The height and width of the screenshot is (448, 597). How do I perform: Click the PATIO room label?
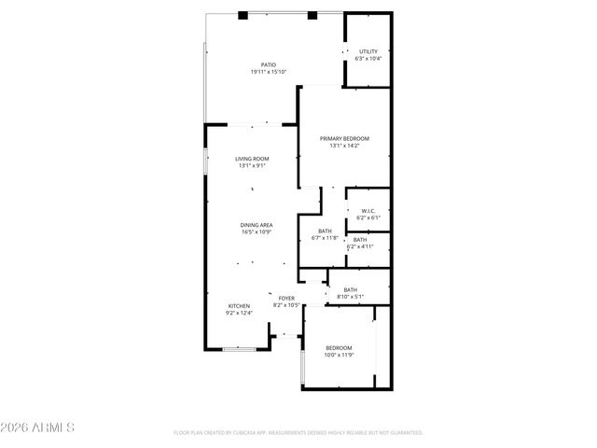[268, 65]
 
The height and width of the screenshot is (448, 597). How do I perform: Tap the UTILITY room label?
[368, 51]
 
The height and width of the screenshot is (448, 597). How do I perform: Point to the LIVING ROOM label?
[252, 159]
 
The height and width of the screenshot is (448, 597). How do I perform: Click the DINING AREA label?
[256, 225]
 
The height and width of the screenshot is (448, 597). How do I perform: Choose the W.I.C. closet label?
[368, 211]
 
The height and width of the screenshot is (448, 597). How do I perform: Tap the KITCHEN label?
[239, 306]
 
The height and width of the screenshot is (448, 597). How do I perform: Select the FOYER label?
[285, 298]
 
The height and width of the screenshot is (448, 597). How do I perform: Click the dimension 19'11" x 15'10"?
[268, 73]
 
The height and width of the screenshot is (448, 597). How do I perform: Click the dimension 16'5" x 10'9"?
[256, 232]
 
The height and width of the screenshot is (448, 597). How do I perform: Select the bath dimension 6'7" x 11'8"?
[325, 238]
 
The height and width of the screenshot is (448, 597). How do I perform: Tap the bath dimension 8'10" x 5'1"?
[351, 297]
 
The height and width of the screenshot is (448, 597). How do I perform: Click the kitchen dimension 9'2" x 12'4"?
[239, 314]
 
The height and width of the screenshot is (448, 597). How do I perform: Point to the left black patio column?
[242, 15]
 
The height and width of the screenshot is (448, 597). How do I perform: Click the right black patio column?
[312, 15]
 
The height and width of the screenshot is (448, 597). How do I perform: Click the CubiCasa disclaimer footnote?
[298, 433]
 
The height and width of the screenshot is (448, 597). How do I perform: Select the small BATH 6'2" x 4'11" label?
[360, 244]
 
